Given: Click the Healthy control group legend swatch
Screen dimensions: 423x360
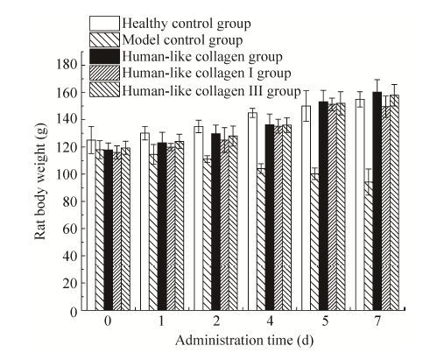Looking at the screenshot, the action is pos(104,24).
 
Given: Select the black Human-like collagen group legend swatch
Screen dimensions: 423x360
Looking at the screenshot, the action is pos(104,56).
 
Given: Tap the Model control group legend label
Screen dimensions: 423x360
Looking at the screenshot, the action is pos(182,40).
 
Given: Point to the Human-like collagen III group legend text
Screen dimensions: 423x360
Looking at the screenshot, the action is pos(211,90).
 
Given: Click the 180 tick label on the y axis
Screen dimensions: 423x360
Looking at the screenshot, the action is pos(67,65).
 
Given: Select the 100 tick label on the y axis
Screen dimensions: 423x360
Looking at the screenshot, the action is pos(67,174).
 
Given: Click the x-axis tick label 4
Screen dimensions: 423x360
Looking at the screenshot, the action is pos(270,321).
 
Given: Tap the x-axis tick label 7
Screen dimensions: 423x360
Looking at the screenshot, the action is pos(377,321).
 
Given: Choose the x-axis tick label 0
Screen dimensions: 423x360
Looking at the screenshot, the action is pos(108,321).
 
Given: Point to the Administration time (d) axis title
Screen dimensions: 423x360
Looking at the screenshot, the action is pos(244,341).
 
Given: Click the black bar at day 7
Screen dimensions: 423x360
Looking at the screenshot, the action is pos(377,201).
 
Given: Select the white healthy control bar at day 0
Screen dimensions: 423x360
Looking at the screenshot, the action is pos(91,225).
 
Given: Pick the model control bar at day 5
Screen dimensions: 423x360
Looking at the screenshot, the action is pos(315,242).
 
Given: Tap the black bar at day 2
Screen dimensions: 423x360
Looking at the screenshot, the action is pos(215,222).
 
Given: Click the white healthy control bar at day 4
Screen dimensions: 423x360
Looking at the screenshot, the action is pos(252,211).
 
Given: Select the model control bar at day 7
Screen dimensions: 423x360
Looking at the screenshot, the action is pos(369,246).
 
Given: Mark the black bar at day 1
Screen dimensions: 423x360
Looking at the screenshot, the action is pos(162,227).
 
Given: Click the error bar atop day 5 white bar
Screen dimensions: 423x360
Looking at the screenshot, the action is pos(307,106).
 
